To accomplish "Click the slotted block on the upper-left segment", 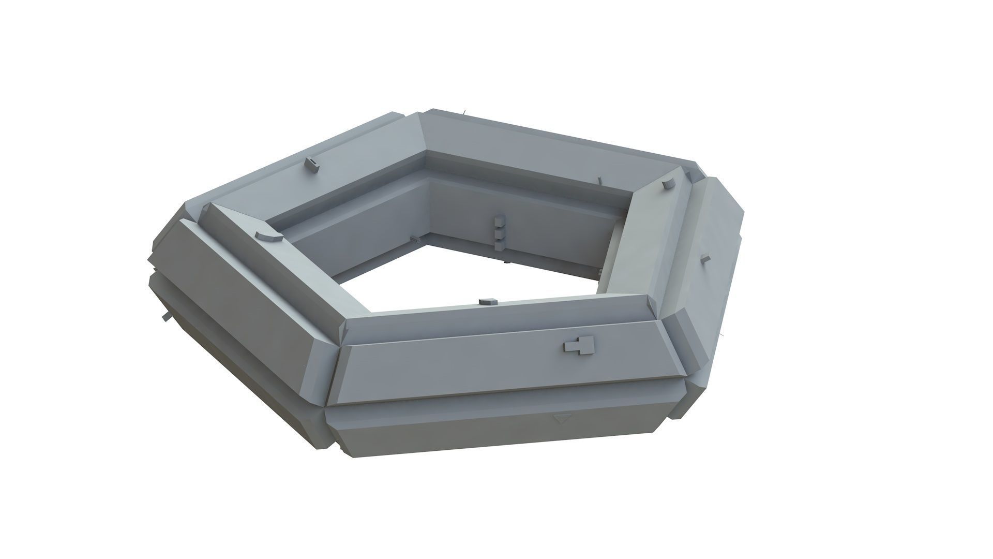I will pos(311,164).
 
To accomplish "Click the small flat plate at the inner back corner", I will pos(414,239).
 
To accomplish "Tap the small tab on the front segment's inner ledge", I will pos(488,301).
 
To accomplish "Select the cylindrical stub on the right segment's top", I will pos(668,184).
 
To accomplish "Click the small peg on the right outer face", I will pos(705,259).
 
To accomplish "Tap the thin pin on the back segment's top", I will pos(599,181).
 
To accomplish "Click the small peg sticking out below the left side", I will pos(165,316).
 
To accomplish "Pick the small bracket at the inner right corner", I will pos(599,272).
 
